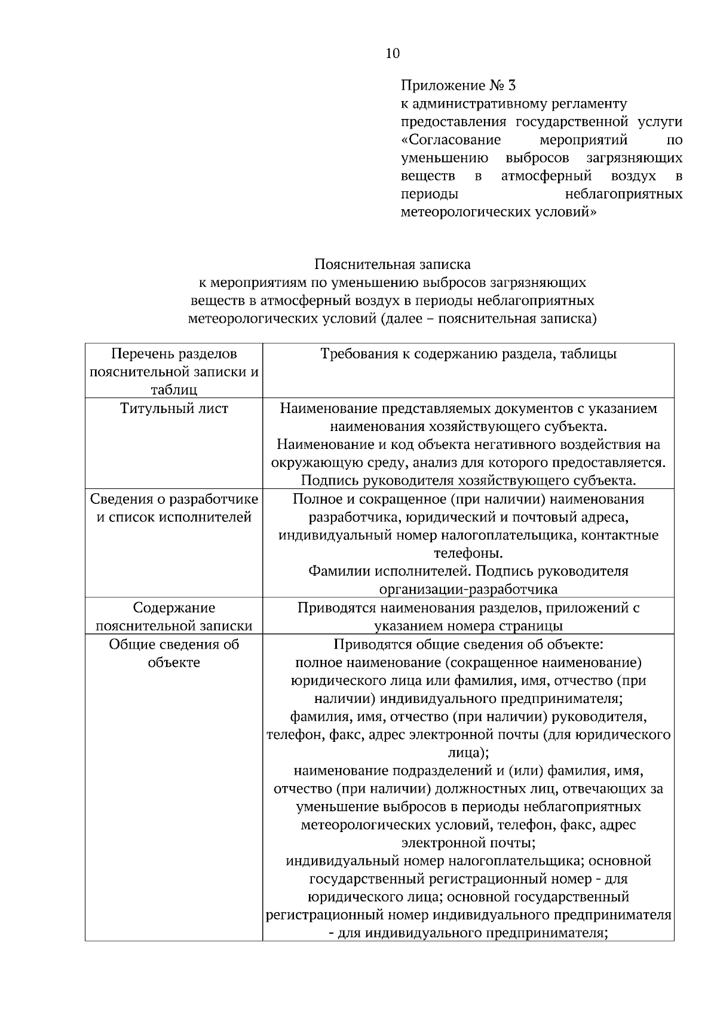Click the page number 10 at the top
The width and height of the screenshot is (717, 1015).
click(393, 54)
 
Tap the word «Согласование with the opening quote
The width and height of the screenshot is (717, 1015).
click(451, 140)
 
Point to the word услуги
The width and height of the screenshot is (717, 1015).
click(660, 122)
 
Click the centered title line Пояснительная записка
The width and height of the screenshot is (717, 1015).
click(392, 264)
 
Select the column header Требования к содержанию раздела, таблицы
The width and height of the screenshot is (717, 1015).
click(468, 354)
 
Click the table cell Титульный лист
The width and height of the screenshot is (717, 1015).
click(174, 409)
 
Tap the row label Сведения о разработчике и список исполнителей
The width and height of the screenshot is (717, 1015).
click(174, 508)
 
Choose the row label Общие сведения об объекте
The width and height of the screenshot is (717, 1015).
click(174, 653)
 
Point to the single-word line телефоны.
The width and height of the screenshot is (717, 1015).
click(468, 553)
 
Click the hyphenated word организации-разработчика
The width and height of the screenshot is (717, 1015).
click(468, 589)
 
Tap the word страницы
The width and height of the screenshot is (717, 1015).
click(528, 626)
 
